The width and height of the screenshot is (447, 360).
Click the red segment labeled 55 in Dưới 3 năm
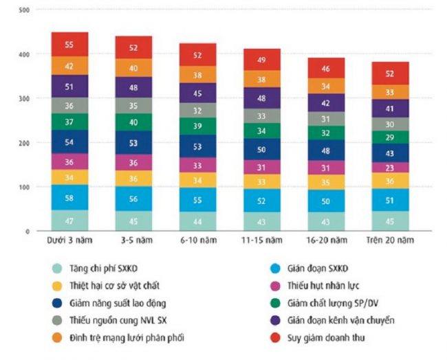click(x=69, y=44)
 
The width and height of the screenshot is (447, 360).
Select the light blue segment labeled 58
click(x=69, y=197)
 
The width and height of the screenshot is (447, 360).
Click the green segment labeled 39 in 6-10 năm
click(x=198, y=126)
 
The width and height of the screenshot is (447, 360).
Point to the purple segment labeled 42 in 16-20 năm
click(x=326, y=103)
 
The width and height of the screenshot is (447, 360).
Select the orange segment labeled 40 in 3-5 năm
click(x=133, y=68)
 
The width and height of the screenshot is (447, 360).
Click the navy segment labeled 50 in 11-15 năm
click(x=262, y=149)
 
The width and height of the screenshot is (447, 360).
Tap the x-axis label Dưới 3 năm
click(x=69, y=241)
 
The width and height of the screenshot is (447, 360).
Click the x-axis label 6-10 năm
click(x=198, y=241)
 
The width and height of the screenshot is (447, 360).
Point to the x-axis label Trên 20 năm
click(x=391, y=241)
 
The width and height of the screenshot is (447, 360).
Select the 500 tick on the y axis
click(x=25, y=10)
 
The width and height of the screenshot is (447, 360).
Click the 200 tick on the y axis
click(x=25, y=143)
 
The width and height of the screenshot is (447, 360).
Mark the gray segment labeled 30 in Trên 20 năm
click(x=391, y=124)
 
